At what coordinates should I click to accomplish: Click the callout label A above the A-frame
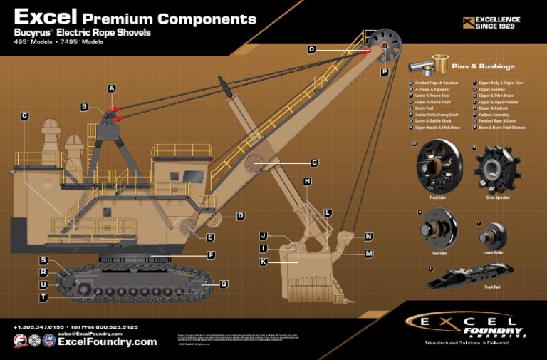point(112,88)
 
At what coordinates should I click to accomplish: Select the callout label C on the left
point(24,116)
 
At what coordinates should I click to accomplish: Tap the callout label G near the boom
point(314,163)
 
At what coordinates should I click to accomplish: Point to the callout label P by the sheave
point(384,72)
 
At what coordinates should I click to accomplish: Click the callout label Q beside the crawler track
point(224,284)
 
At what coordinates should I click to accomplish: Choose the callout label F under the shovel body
point(211,255)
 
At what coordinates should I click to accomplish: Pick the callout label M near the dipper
point(369,254)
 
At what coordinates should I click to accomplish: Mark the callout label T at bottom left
point(43,297)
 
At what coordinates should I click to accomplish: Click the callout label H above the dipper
point(307,182)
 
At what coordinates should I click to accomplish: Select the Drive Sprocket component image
point(497,168)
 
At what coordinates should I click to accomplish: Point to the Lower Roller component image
point(492,236)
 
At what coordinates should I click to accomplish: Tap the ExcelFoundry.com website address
point(107,342)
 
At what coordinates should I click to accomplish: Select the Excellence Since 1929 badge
point(491,22)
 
